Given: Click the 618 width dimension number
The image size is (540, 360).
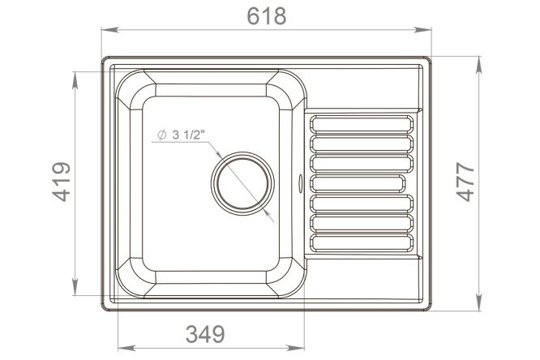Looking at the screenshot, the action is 267,16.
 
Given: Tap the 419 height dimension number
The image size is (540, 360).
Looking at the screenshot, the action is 62,182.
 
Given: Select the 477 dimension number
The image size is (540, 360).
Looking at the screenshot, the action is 465,182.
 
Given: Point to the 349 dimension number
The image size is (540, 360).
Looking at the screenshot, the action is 205,334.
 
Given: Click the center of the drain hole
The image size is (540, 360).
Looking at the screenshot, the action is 242,183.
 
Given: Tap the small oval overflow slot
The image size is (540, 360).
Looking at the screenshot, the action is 300,183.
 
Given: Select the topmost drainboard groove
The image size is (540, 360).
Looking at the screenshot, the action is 362,124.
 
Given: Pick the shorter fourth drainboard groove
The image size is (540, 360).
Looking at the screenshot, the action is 358,183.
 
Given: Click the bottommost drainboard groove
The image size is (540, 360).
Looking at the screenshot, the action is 362,243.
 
